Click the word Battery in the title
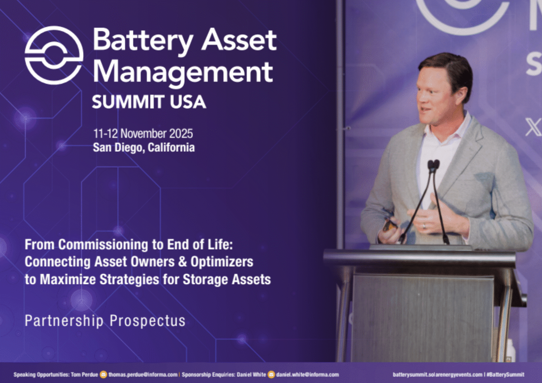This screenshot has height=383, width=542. coord(143,40)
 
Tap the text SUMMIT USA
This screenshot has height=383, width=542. coord(149,102)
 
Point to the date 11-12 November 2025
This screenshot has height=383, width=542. coord(143,133)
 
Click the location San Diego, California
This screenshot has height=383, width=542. coord(144,147)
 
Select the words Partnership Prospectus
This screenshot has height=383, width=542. coord(105,321)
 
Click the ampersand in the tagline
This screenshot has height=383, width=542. coord(183,261)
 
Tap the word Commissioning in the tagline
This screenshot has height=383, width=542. coord(103,245)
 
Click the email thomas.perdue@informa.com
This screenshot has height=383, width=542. coord(143,374)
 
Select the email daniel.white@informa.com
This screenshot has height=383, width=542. coord(308,374)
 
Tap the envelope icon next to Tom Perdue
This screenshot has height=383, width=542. coord(103,375)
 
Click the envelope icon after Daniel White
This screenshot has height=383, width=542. coord(271,375)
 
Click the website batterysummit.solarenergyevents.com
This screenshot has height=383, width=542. coord(437,374)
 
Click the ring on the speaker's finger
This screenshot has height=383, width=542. coord(424,226)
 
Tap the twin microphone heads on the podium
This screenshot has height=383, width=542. coord(434,164)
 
